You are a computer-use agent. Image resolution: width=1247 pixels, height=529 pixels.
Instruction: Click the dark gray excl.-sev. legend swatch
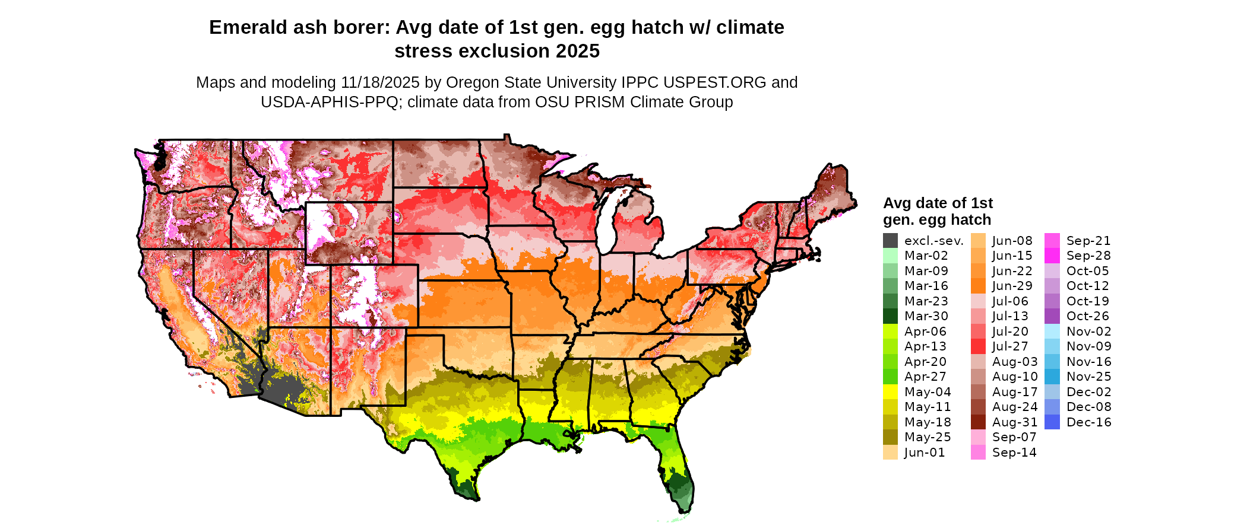[890, 241]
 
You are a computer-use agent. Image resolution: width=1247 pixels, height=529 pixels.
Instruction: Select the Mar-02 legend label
[926, 256]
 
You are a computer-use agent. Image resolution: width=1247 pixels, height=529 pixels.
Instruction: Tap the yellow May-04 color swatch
[890, 392]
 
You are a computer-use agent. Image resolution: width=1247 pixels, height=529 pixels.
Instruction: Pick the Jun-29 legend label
[1012, 286]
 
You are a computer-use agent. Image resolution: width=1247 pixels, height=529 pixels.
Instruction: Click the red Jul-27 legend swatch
[978, 346]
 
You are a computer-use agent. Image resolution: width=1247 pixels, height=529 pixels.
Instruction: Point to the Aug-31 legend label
[1014, 422]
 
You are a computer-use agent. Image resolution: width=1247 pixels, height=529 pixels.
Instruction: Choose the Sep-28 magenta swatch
[1052, 256]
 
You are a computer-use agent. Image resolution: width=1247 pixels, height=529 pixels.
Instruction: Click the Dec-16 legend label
[1088, 422]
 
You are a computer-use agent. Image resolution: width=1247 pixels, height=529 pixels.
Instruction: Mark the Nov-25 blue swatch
[1052, 377]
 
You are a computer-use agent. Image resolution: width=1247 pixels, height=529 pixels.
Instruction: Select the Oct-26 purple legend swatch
[1052, 316]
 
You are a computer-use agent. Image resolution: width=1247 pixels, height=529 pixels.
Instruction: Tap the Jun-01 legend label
[924, 452]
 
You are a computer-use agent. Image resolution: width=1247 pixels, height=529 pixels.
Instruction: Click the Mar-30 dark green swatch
[890, 316]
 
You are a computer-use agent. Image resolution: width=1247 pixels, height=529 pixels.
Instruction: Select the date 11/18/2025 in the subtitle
[380, 82]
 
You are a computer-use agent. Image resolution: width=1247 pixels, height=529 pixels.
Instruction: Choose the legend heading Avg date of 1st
[938, 203]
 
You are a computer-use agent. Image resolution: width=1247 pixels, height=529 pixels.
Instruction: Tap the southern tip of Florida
[683, 510]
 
